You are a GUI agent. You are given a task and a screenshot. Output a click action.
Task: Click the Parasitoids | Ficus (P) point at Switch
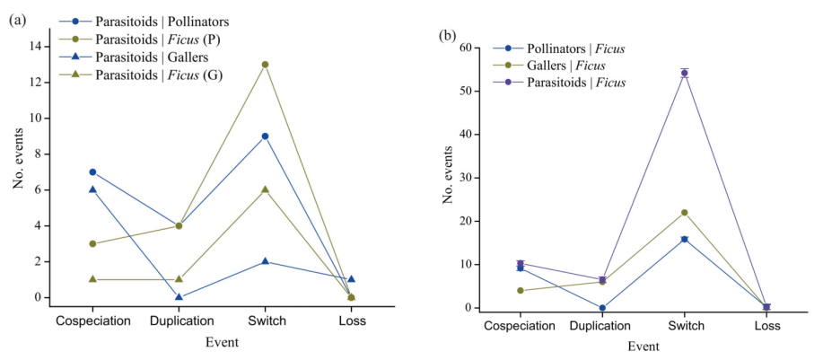[265, 65]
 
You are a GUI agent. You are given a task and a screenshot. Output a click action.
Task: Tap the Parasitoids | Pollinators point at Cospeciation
[92, 171]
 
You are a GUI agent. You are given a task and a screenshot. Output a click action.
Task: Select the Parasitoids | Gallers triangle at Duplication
[179, 297]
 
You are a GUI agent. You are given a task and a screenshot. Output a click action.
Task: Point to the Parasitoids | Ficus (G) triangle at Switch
[265, 189]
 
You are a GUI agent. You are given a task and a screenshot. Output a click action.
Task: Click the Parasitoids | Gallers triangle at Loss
[351, 279]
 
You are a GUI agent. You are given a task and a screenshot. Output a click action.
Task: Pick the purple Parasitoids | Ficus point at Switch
[684, 74]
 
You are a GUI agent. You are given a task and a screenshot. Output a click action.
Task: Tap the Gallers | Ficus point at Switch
[684, 213]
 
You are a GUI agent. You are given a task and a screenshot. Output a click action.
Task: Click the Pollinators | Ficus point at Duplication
[602, 308]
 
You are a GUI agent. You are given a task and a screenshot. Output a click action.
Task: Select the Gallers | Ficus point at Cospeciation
[520, 290]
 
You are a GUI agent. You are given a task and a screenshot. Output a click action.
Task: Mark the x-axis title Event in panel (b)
[643, 347]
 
